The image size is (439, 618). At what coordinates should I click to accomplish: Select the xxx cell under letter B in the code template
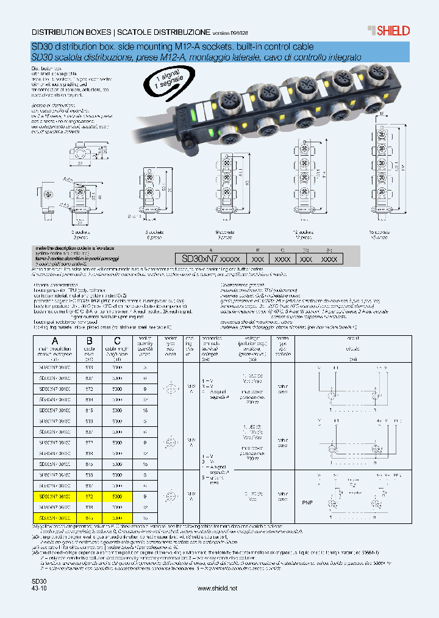coord(258,259)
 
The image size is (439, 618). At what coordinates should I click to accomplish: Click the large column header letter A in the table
coord(55,341)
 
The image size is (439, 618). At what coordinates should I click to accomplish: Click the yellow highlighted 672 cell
coord(90,496)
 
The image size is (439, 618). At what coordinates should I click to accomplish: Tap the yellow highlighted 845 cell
coord(90,517)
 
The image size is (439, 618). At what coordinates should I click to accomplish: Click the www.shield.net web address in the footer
coord(218,588)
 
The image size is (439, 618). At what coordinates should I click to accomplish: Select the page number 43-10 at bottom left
coord(39,588)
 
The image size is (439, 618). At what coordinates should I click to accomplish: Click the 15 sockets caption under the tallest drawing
coord(379,232)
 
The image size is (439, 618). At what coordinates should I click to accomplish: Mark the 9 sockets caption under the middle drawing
coord(226,232)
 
